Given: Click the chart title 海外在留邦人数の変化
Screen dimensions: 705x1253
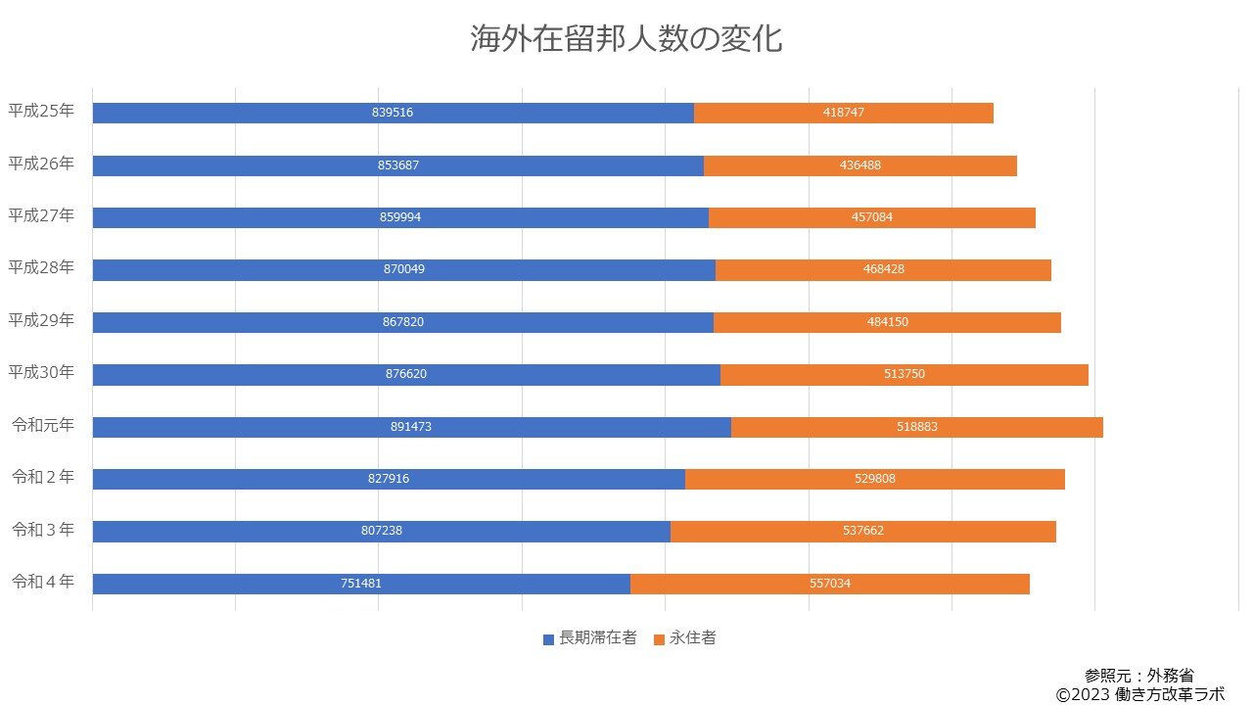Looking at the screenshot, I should click(x=626, y=39).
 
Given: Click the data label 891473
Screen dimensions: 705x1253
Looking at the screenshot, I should click(x=411, y=427).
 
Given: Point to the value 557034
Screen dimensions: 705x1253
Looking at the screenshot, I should click(x=830, y=584).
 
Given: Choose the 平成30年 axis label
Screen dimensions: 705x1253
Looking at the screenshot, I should click(x=41, y=373).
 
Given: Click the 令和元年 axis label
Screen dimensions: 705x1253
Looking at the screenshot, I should click(x=42, y=426).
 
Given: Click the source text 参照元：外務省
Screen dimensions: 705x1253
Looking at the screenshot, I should click(x=1138, y=676).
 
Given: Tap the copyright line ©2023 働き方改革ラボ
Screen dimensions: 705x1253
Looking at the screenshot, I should click(x=1139, y=694).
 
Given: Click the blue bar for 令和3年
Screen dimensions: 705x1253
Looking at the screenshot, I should click(x=245, y=531).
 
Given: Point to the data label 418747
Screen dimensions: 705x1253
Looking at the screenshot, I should click(x=844, y=113).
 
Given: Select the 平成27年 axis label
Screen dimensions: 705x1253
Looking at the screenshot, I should click(x=41, y=215).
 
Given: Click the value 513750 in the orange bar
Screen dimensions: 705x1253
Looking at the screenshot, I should click(x=904, y=374).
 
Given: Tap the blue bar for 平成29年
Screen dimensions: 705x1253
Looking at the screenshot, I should click(x=245, y=322).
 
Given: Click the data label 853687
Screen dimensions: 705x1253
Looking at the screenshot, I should click(x=397, y=165).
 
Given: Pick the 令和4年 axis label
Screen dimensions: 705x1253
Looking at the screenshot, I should click(x=42, y=582).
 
